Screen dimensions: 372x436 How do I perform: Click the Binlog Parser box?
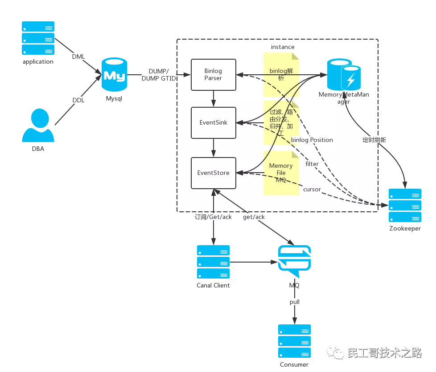click(214, 74)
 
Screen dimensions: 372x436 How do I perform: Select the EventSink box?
click(214, 122)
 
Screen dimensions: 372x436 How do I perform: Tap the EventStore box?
click(214, 173)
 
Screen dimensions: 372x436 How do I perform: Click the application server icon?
click(38, 38)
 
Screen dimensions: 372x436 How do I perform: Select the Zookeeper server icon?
click(405, 206)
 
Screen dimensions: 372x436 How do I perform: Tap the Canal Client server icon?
click(213, 262)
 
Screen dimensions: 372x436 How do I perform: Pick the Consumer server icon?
click(294, 341)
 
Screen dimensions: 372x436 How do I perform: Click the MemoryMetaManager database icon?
click(344, 75)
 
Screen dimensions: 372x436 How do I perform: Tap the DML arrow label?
click(78, 57)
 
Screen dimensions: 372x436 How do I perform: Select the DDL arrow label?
click(78, 100)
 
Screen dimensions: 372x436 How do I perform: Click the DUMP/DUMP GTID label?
click(159, 75)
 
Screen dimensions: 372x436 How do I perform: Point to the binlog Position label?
click(312, 140)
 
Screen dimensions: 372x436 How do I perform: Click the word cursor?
click(312, 189)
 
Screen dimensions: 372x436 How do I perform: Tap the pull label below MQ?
click(295, 302)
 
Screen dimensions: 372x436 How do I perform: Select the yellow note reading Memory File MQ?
click(281, 173)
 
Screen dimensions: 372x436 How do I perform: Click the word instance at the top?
click(283, 47)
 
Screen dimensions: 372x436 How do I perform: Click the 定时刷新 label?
click(374, 140)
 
